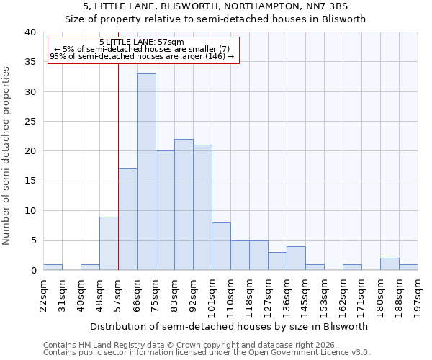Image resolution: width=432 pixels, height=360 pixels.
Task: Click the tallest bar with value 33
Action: pyautogui.click(x=146, y=172)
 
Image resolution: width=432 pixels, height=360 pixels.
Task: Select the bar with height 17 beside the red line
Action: pyautogui.click(x=127, y=220)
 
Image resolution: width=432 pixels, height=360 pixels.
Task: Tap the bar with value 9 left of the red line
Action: pyautogui.click(x=109, y=243)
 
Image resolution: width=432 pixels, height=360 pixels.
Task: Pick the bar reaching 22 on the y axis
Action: pyautogui.click(x=184, y=204)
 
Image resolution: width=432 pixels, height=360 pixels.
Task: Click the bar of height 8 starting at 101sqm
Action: pyautogui.click(x=221, y=246)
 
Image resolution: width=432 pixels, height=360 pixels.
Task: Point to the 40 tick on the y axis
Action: pyautogui.click(x=30, y=32)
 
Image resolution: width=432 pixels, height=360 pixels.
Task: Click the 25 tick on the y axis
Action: pyautogui.click(x=30, y=122)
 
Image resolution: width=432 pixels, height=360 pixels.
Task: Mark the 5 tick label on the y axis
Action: pyautogui.click(x=32, y=240)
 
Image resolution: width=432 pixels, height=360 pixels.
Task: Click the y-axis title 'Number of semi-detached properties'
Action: pyautogui.click(x=7, y=155)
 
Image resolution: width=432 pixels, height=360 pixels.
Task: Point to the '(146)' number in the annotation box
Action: pyautogui.click(x=215, y=56)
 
